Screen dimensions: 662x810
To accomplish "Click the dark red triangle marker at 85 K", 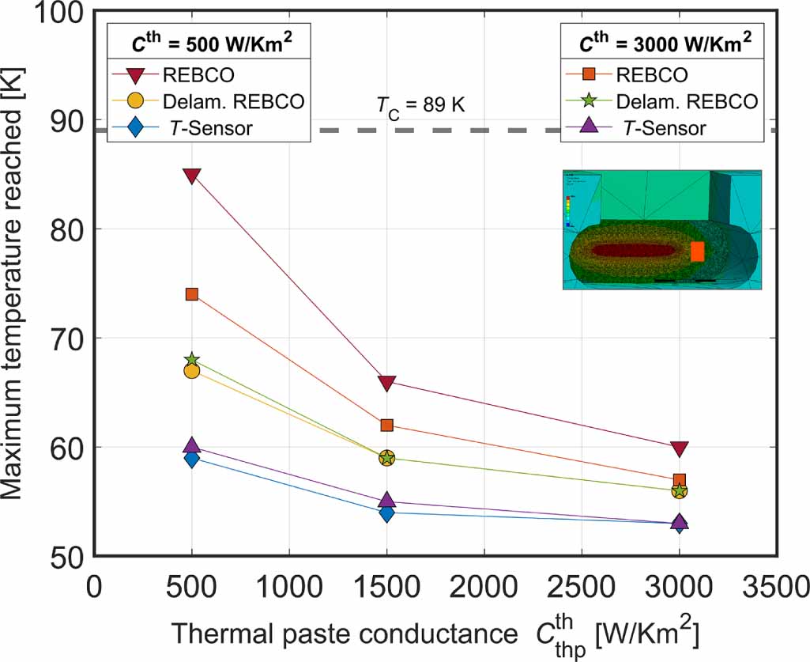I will tap(191, 175).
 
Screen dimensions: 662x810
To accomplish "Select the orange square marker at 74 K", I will tap(191, 294).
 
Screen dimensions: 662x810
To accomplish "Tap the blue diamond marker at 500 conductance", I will tap(191, 459).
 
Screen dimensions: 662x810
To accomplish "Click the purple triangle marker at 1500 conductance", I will tap(386, 500).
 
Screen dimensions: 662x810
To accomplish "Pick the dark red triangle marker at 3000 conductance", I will tap(679, 448).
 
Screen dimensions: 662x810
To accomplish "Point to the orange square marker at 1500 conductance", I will tap(386, 426).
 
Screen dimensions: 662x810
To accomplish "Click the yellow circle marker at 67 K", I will tap(191, 371).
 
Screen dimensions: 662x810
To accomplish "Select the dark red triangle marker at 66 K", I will tap(386, 383).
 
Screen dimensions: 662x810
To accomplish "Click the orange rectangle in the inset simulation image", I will tap(697, 252).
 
